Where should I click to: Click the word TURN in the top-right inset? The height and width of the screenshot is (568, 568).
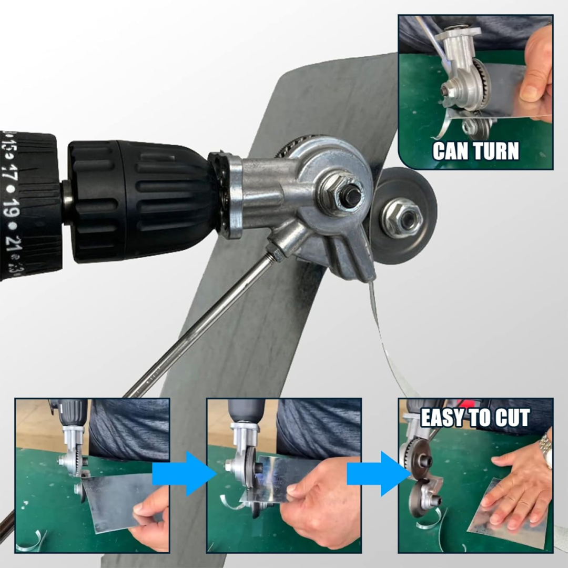pos(496,151)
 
